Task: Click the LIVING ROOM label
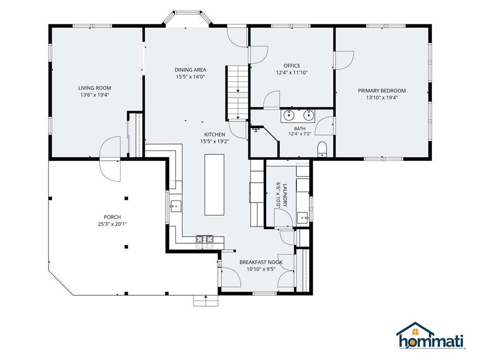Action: [95, 88]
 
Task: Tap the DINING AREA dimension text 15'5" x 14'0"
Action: [190, 77]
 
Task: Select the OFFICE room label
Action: [292, 66]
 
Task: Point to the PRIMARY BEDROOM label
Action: [382, 90]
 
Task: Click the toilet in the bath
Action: [322, 149]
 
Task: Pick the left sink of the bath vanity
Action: [288, 115]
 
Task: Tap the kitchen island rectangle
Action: [214, 185]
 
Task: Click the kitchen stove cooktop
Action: [204, 239]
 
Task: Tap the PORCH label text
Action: [112, 217]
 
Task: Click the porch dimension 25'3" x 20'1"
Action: [112, 224]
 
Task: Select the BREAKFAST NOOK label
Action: [261, 262]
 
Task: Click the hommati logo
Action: [431, 336]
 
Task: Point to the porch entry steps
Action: [206, 300]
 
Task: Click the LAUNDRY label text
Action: [285, 195]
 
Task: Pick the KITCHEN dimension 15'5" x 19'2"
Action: [215, 142]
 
